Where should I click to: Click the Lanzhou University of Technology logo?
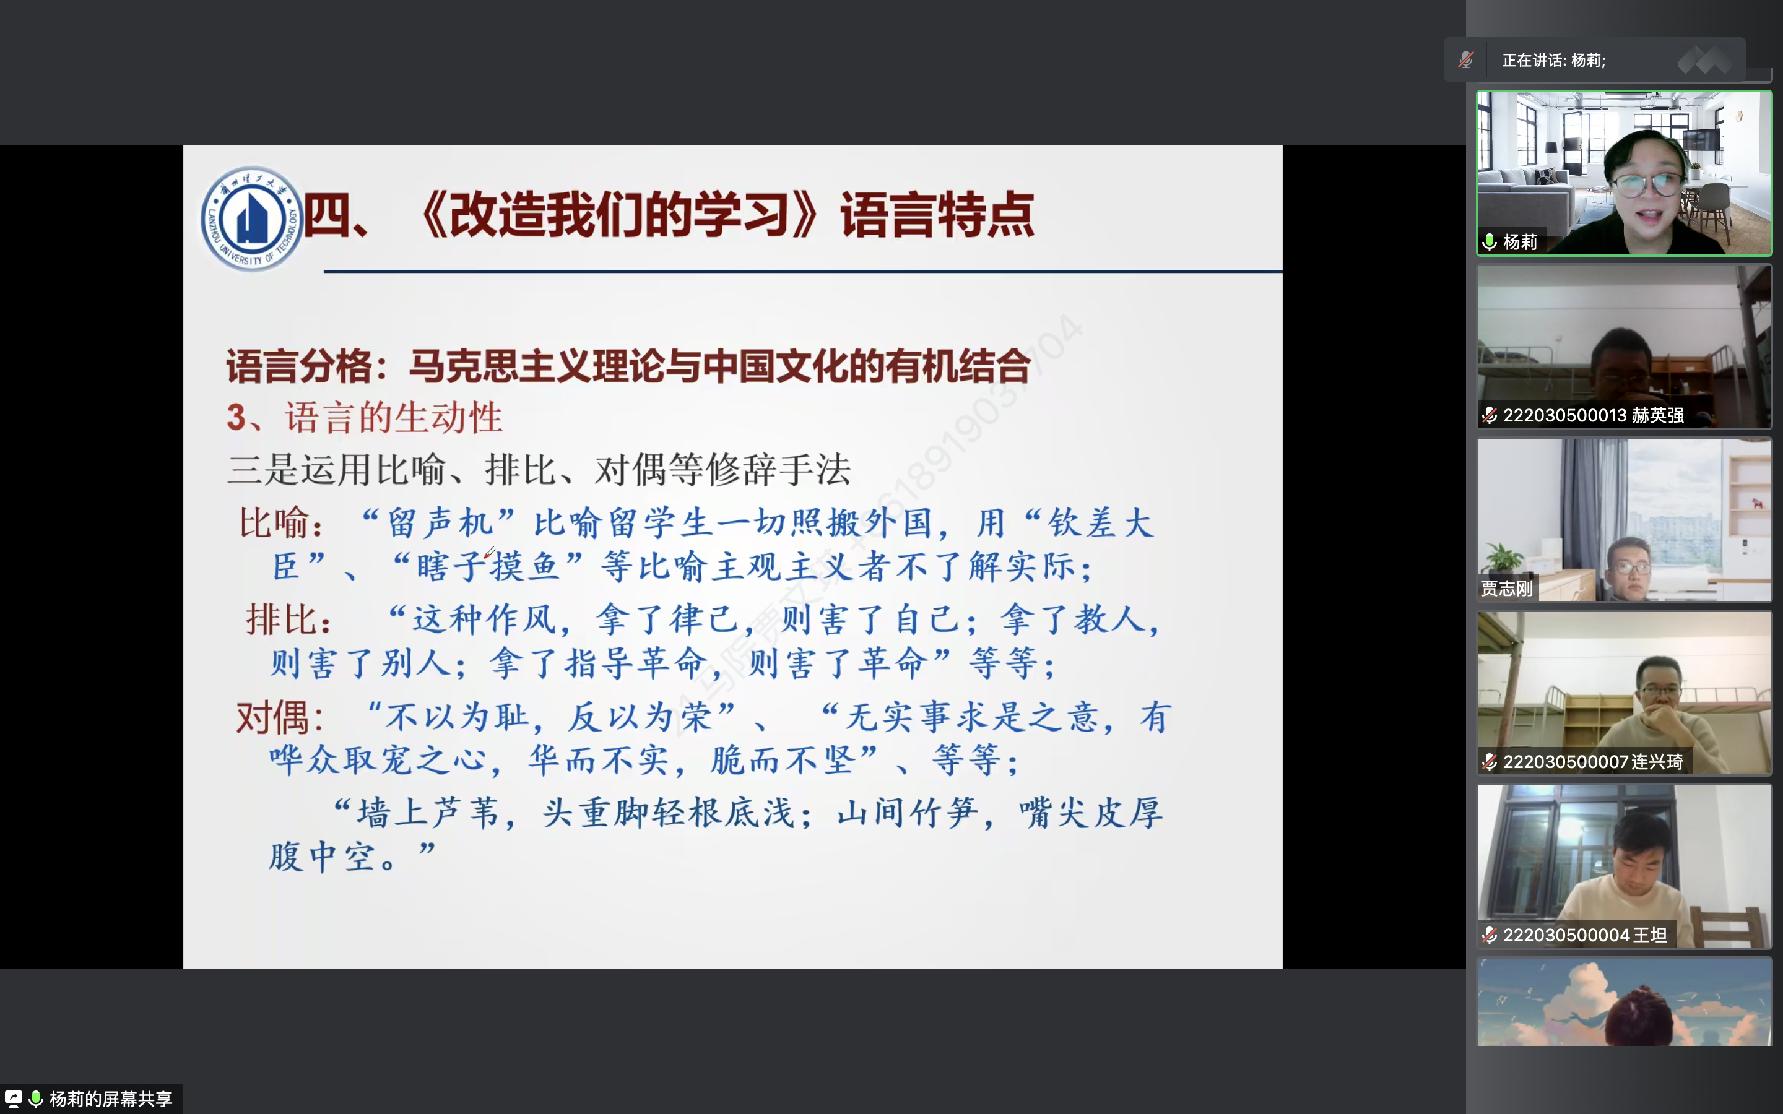[252, 219]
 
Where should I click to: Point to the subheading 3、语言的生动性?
[365, 418]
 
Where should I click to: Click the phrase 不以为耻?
[457, 717]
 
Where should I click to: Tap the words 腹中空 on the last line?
[323, 858]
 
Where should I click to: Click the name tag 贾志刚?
[1507, 588]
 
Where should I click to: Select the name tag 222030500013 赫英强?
[1593, 415]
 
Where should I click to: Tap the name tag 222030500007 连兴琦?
[1593, 762]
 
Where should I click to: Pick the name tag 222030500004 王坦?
[1585, 935]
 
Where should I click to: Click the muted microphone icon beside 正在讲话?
[1466, 59]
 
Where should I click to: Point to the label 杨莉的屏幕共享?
[111, 1099]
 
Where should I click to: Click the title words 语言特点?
[937, 215]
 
